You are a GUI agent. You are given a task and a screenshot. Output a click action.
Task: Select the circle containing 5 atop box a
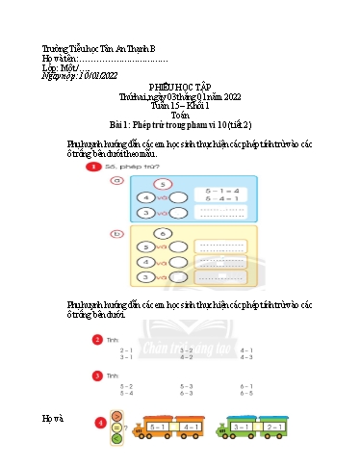point(164,184)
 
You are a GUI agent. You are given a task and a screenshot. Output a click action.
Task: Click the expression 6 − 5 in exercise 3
point(246,393)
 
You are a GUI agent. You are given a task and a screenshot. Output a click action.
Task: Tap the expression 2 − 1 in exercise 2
point(126,349)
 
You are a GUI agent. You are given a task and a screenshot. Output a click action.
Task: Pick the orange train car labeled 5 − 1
point(159,426)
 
